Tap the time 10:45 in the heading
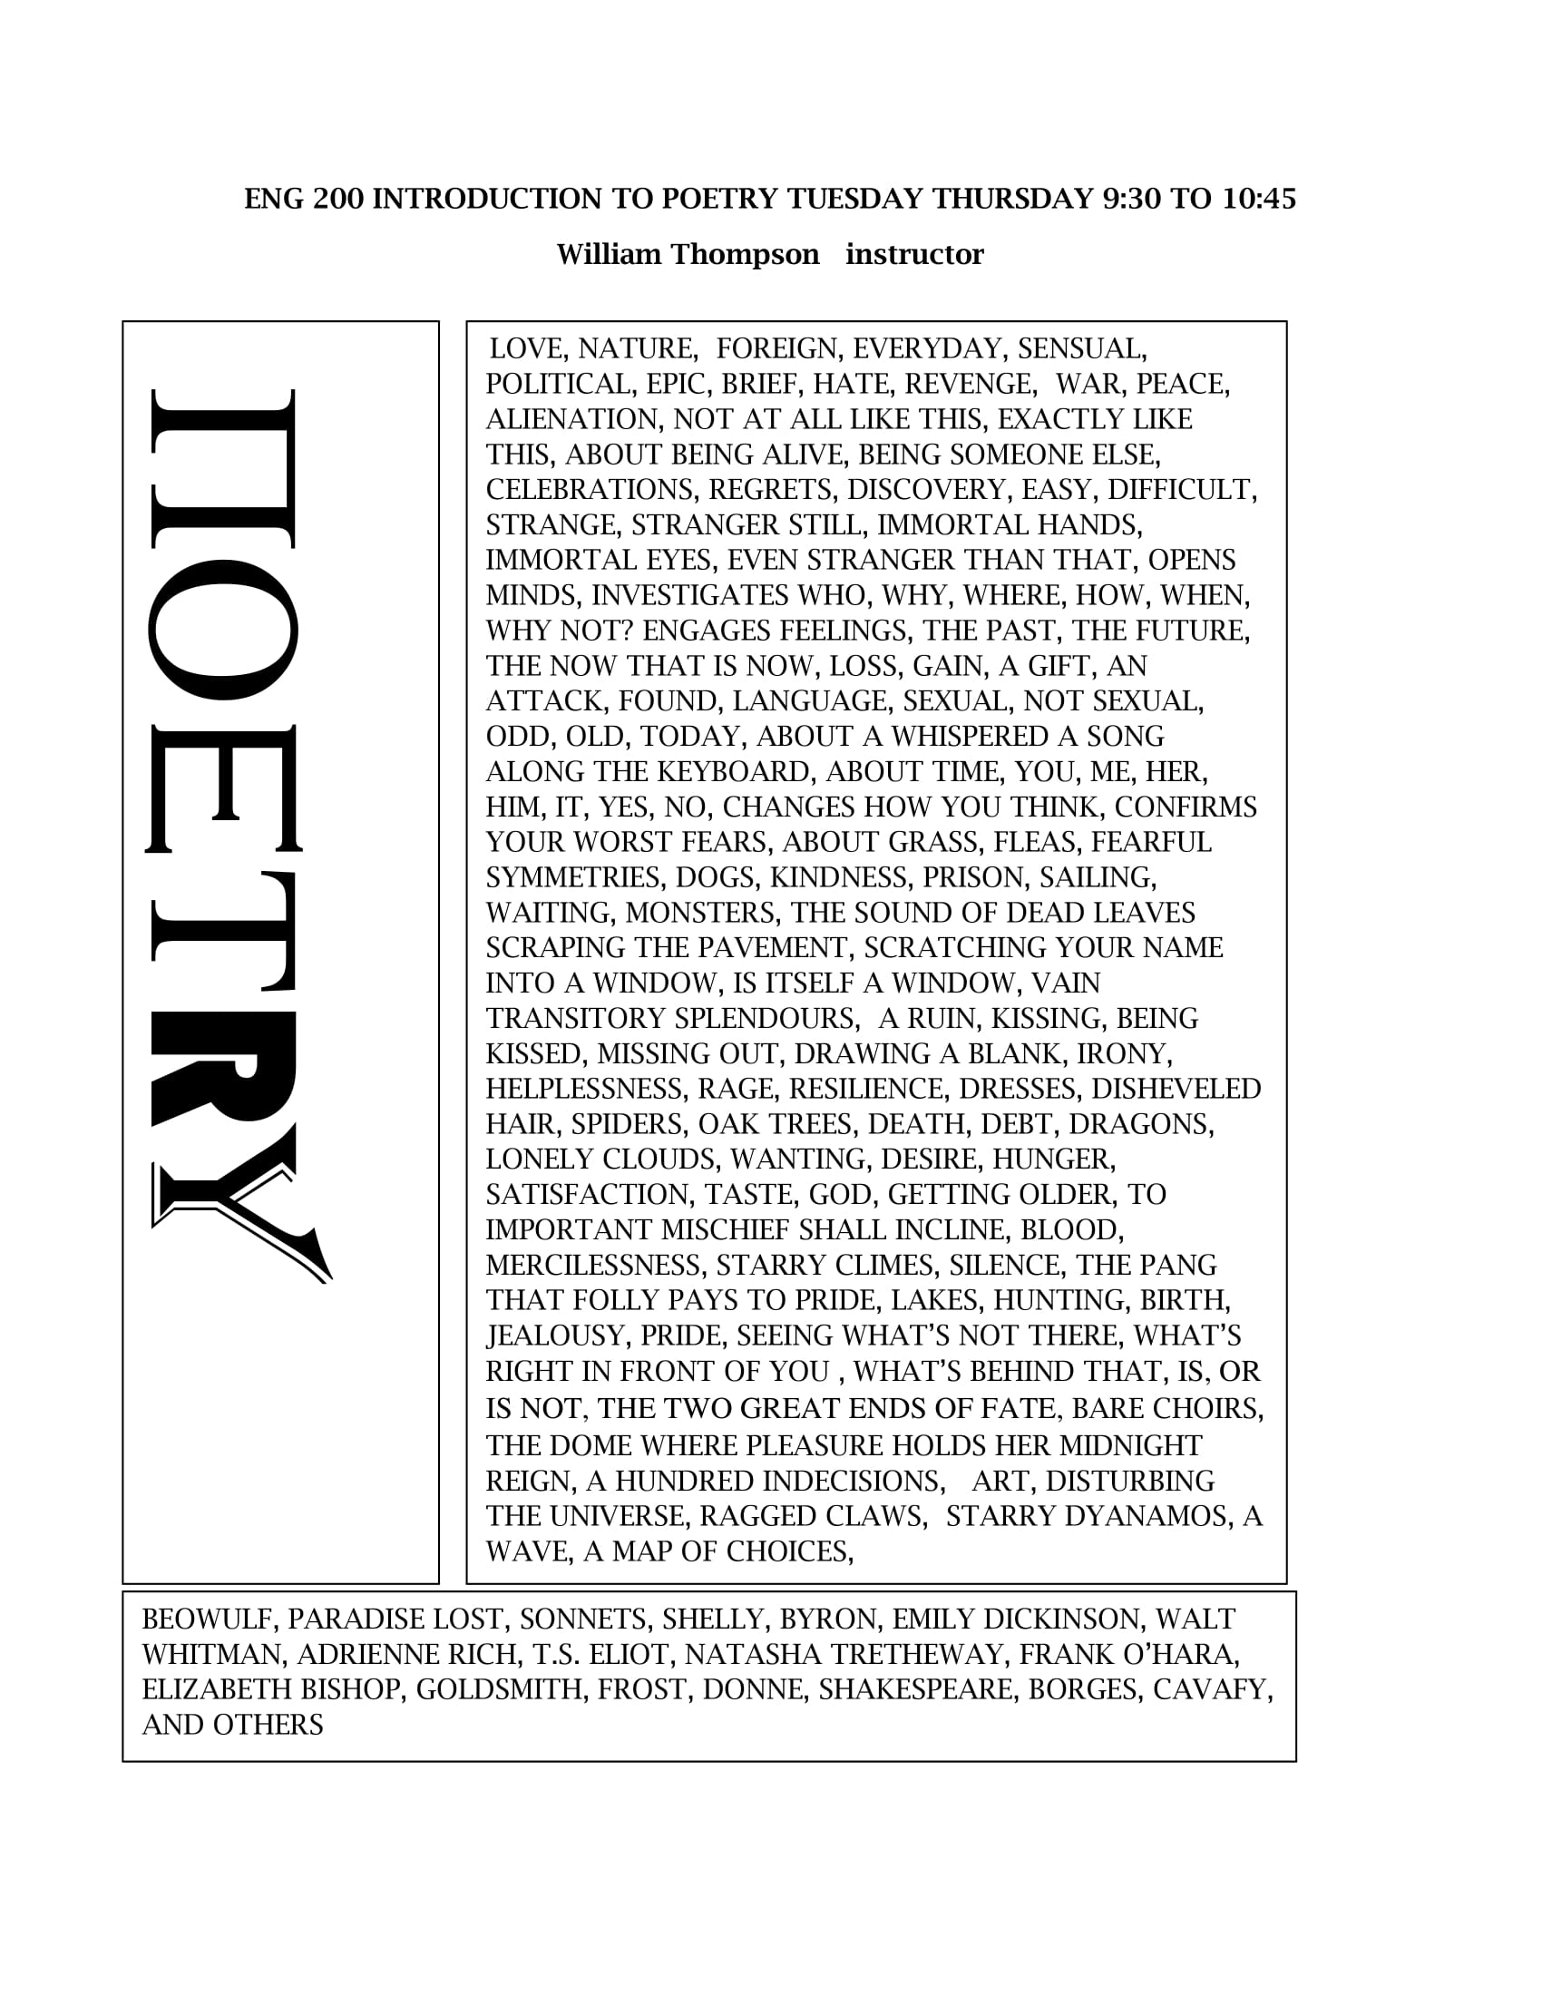tap(1259, 200)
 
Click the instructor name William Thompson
tap(688, 254)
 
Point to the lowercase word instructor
tap(914, 254)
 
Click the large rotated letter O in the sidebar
tap(224, 629)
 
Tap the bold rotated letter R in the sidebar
tap(224, 1068)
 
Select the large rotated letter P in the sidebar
tap(224, 468)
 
